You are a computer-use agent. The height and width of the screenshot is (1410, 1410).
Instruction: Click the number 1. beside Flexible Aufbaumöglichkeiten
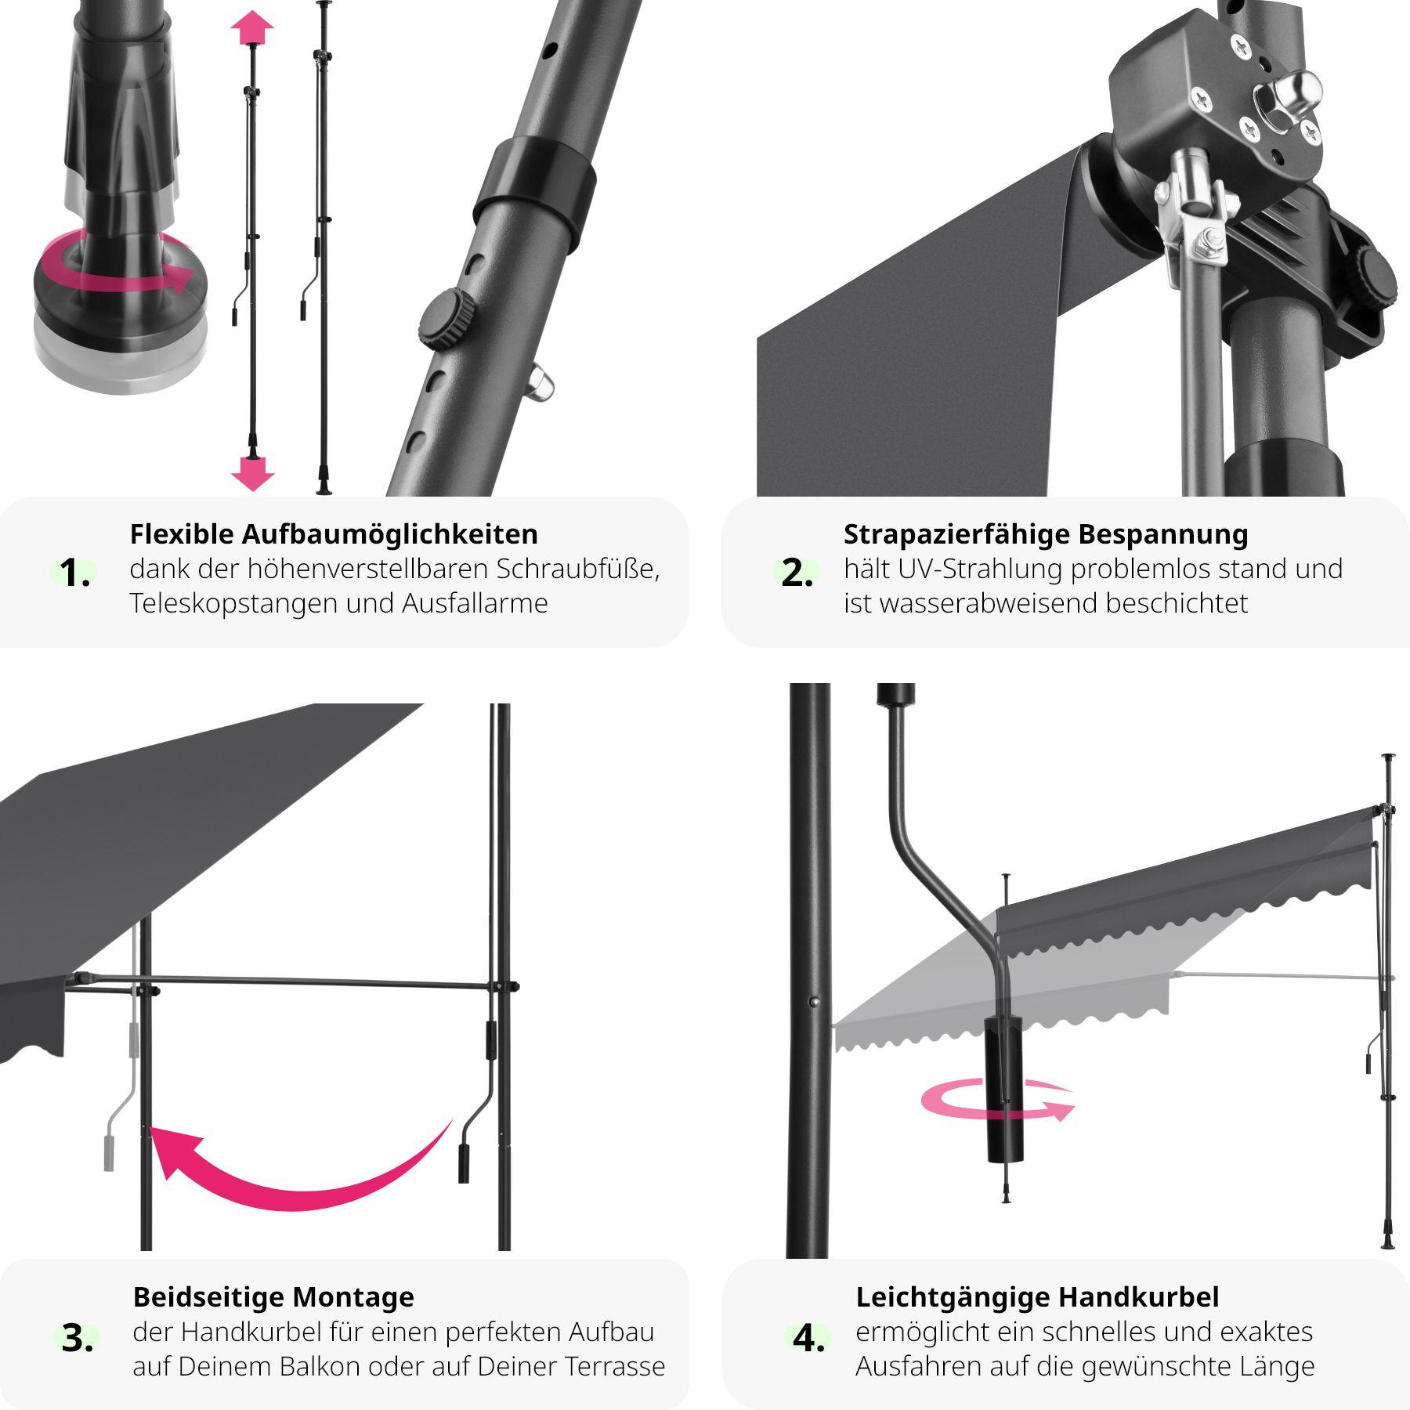[x=75, y=573]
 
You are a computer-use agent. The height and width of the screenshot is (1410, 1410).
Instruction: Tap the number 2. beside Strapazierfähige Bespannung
[x=797, y=573]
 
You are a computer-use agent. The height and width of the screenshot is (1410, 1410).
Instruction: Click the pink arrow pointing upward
[x=252, y=31]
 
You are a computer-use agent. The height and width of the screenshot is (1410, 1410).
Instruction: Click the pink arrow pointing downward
[x=252, y=473]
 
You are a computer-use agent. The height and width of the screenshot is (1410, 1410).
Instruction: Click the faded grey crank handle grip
[x=109, y=1150]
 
